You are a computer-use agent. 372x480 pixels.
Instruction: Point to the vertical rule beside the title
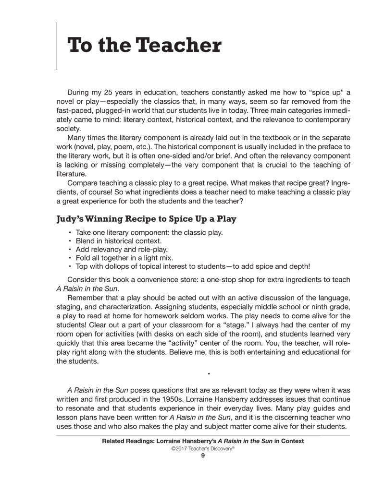(57, 46)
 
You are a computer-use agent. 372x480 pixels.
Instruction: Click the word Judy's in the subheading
(72, 219)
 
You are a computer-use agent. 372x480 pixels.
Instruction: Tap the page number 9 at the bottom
(203, 456)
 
